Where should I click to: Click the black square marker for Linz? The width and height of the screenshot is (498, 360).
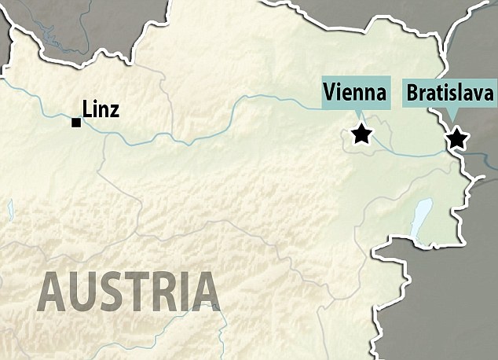pos(75,122)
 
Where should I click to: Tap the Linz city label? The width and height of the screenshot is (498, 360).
pos(101,109)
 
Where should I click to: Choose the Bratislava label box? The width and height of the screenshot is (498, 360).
pos(449,94)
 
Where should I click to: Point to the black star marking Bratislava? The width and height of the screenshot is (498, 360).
pos(456,139)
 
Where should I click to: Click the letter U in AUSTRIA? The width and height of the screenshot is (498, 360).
pos(83,291)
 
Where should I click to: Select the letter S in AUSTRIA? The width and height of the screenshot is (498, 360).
pos(112,291)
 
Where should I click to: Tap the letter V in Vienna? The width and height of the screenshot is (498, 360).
pos(329,94)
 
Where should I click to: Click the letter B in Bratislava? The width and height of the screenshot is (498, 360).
pos(412,94)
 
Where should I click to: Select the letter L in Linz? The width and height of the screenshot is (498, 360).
pos(86,109)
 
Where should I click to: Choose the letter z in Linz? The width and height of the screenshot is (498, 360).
pos(115,111)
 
